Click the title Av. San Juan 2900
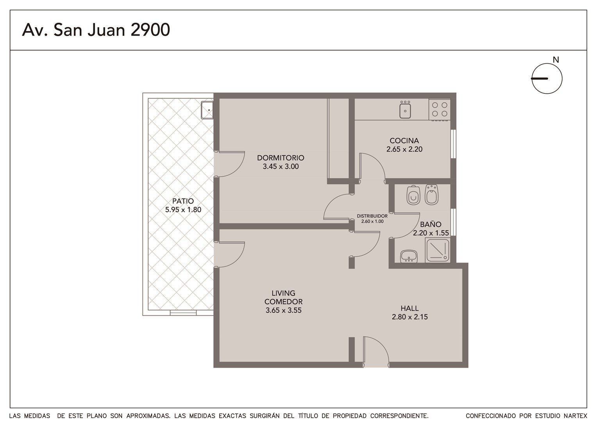tap(96, 30)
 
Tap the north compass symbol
tap(547, 79)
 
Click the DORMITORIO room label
tap(281, 157)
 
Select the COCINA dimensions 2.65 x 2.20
tap(404, 149)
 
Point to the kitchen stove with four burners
tap(440, 109)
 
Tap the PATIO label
tap(183, 201)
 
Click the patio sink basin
tap(207, 110)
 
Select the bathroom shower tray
tap(437, 250)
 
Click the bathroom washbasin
tap(409, 256)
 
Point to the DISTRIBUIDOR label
tap(372, 216)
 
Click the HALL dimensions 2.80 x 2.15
tap(409, 317)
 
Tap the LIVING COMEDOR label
tap(283, 297)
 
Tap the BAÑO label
tap(431, 224)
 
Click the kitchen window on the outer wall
tap(453, 144)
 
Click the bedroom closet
tap(338, 139)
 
